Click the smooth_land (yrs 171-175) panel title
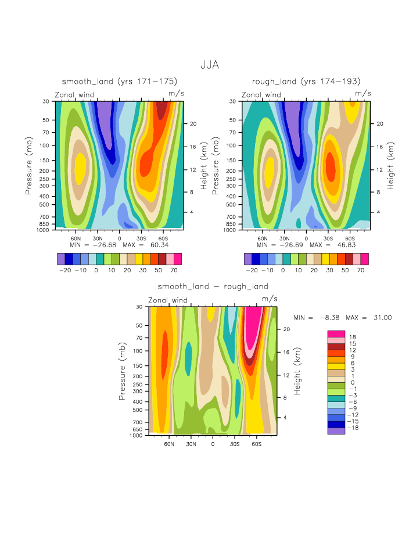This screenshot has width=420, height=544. click(119, 81)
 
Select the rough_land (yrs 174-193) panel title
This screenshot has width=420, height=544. click(306, 81)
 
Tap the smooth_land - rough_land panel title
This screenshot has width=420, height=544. click(213, 286)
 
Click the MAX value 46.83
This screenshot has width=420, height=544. click(344, 244)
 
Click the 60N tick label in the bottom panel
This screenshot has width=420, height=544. click(169, 443)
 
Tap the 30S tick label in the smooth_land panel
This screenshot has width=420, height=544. click(141, 238)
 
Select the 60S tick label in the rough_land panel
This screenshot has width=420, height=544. click(350, 238)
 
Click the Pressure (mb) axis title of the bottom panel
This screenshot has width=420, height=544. click(123, 371)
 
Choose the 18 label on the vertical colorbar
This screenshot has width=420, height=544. click(353, 337)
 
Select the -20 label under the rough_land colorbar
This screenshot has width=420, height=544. click(252, 271)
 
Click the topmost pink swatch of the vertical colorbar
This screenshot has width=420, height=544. click(336, 333)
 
